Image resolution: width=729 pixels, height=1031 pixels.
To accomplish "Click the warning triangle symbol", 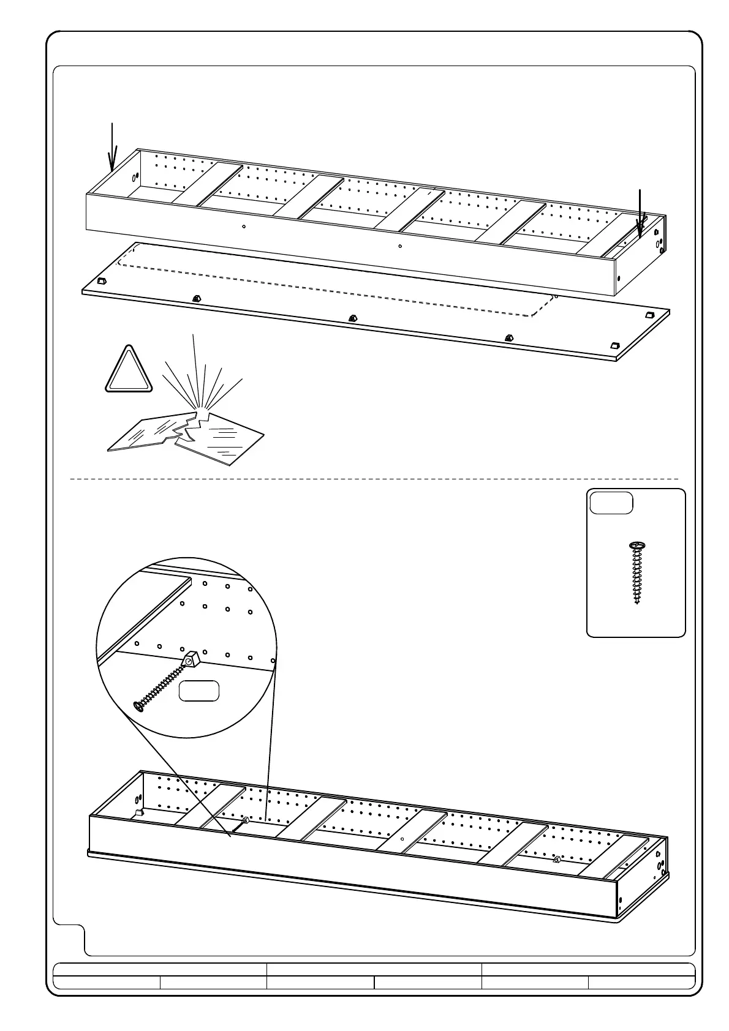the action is coord(128,370).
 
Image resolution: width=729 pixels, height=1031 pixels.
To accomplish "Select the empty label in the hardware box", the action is coord(611,503).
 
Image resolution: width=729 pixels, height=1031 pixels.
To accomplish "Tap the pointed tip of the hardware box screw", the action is coord(637,603).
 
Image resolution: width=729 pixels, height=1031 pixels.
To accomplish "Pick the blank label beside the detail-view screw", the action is coord(198,691).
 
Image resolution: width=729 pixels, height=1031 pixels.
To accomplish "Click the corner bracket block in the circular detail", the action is coord(191,659).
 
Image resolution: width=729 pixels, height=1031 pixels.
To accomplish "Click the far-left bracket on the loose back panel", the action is coord(102,281).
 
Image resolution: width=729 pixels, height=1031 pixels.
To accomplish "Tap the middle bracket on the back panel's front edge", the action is coord(352,317).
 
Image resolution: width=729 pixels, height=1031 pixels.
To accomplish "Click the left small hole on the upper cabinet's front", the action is coord(244,227).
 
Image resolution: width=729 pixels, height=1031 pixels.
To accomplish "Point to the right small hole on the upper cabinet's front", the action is coord(400,247).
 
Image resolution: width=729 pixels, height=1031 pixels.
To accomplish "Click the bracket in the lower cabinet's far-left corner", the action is coord(139,813).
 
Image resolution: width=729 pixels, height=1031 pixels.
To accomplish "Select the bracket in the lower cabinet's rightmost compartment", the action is coord(556,860).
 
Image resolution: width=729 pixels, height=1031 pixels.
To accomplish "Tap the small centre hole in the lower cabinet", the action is coord(402,839).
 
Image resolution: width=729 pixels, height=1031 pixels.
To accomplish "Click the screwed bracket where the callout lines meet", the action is coord(244,820).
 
